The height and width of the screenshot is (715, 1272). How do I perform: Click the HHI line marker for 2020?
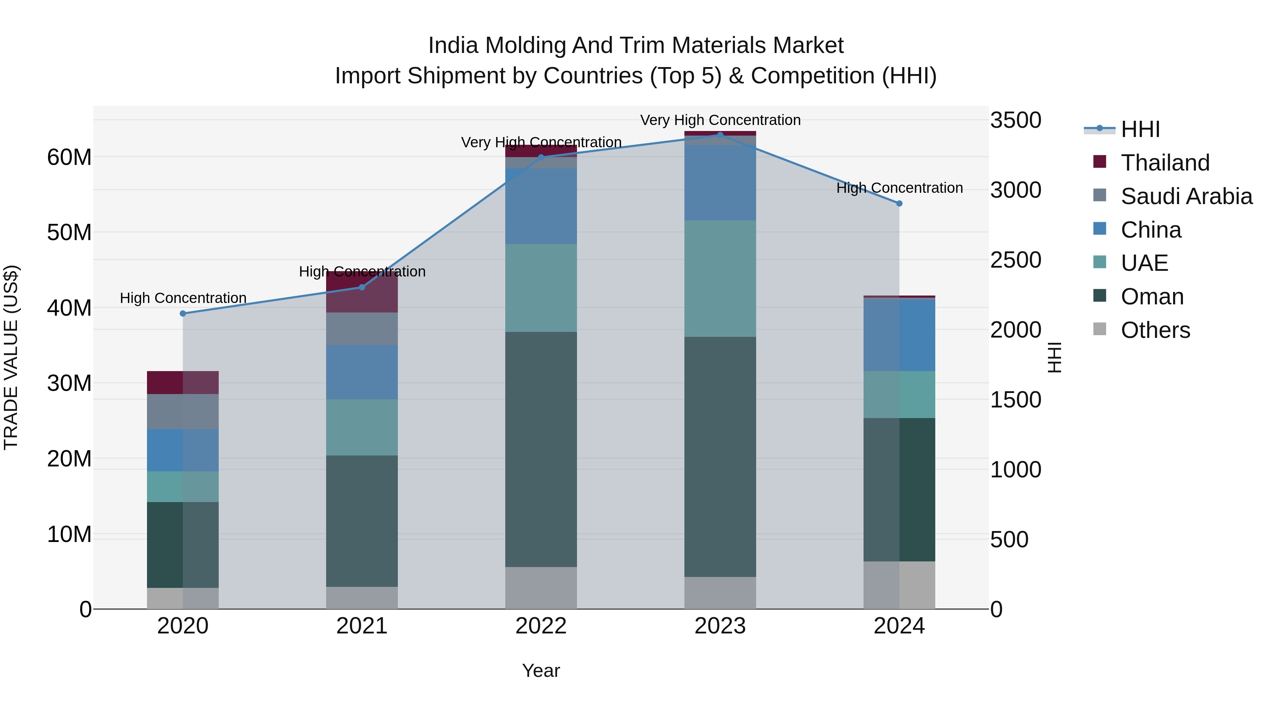(183, 313)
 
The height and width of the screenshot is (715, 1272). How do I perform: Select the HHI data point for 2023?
(720, 135)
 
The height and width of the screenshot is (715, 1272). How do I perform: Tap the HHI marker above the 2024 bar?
(899, 203)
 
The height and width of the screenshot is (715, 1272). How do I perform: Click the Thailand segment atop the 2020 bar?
(183, 382)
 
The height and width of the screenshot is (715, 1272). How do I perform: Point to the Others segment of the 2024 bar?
(899, 585)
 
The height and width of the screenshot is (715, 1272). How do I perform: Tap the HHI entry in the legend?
(1139, 129)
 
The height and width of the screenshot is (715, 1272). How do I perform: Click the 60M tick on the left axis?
(69, 157)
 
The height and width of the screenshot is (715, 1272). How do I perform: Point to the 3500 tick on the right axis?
(1016, 120)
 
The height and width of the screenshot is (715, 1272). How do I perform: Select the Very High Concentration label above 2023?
(720, 120)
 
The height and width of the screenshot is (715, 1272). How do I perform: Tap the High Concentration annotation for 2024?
(899, 188)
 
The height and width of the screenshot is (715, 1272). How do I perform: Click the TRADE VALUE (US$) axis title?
(11, 357)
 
